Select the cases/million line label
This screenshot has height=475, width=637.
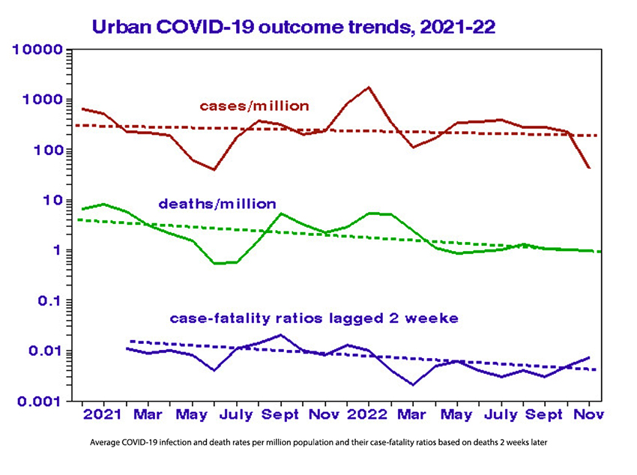254,106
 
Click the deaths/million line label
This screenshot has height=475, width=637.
217,204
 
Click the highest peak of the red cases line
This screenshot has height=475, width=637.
369,88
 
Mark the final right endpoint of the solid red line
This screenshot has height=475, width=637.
589,168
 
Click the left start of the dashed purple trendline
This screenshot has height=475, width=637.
131,341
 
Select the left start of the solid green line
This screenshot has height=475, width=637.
82,208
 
